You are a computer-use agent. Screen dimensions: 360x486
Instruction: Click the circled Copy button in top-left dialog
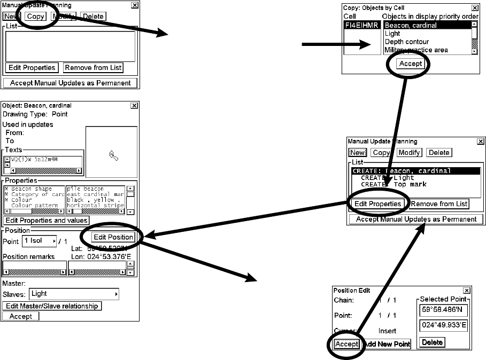pos(35,16)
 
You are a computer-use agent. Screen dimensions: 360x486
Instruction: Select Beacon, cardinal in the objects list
pos(410,25)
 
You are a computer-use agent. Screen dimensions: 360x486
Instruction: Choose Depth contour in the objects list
pos(406,42)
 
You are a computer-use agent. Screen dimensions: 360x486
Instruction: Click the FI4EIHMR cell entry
pos(361,25)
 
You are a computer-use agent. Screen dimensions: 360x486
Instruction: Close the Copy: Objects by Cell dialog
pos(475,8)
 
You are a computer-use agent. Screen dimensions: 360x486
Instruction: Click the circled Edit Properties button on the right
pos(377,204)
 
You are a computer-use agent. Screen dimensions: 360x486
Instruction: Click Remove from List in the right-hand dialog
pos(439,204)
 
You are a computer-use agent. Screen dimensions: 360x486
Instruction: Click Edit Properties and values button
pos(47,220)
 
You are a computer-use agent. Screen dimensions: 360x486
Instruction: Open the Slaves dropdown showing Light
pos(74,294)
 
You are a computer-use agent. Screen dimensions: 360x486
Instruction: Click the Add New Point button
pos(387,344)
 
